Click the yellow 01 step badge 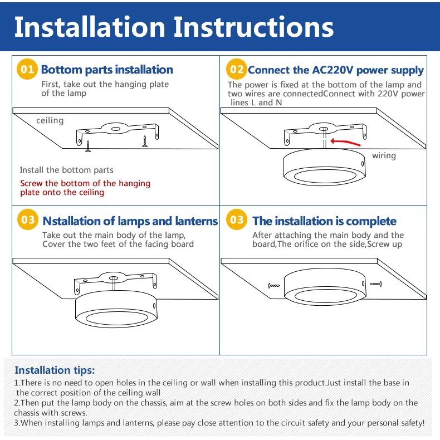point(27,69)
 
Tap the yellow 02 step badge point(237,69)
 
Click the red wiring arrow point(345,142)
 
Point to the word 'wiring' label point(384,156)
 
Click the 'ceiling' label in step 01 point(50,121)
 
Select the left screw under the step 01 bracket point(88,146)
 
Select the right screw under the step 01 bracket point(145,141)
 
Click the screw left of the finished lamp point(274,286)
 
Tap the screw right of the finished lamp point(376,284)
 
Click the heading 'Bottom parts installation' point(107,70)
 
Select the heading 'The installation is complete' point(324,221)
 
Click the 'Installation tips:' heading point(55,370)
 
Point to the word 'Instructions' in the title point(253,27)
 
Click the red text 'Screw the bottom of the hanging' point(85,184)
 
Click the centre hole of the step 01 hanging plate point(116,129)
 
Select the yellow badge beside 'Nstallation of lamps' point(27,219)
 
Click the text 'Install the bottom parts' point(66,170)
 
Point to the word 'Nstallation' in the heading point(71,221)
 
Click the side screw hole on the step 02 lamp point(363,164)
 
